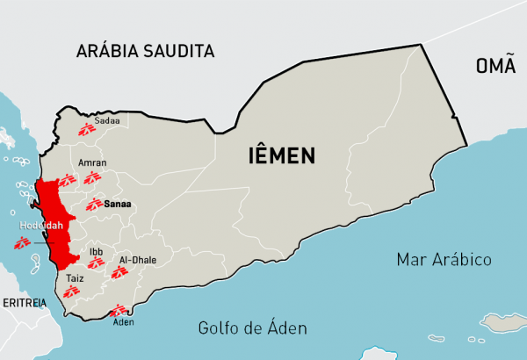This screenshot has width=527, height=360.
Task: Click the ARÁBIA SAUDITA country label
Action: click(145, 50)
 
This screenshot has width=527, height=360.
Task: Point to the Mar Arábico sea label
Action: click(444, 260)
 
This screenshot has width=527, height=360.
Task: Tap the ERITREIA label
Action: click(23, 302)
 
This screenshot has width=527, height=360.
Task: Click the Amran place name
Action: click(92, 162)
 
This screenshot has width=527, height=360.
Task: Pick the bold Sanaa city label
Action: click(117, 204)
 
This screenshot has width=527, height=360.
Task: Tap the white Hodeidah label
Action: click(37, 225)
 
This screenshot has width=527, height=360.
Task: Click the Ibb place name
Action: click(96, 252)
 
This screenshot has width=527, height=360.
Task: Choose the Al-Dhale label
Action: click(137, 260)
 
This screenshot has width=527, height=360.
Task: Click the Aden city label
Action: click(125, 321)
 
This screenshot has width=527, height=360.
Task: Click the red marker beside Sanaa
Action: click(95, 205)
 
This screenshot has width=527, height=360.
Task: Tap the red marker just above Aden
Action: click(117, 309)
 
